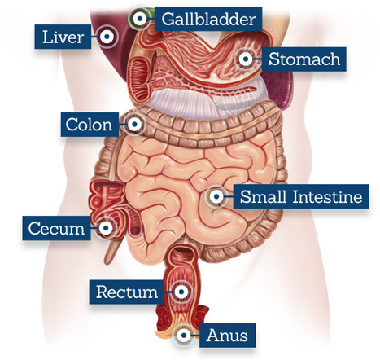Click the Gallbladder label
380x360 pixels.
[x=208, y=19]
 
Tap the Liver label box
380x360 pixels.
[x=63, y=37]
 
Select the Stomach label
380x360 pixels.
[x=304, y=59]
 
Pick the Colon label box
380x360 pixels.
[x=90, y=125]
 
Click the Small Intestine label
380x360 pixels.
[x=301, y=196]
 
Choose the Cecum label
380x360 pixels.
[x=56, y=228]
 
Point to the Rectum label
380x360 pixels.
[x=127, y=292]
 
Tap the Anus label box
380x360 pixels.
[x=227, y=335]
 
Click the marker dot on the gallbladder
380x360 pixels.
[x=140, y=19]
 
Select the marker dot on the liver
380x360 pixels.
[x=107, y=37]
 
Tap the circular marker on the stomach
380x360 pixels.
[x=246, y=59]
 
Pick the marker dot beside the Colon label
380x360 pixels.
[x=134, y=125]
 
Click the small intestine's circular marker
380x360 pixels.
[x=216, y=196]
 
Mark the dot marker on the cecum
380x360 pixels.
[x=106, y=228]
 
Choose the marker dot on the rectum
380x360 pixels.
[x=181, y=292]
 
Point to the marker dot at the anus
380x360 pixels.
[x=184, y=335]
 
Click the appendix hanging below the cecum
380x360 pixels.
[x=111, y=251]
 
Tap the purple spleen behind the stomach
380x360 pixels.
[x=278, y=90]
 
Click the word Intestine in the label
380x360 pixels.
[x=327, y=196]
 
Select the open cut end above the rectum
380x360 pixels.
[x=184, y=250]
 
